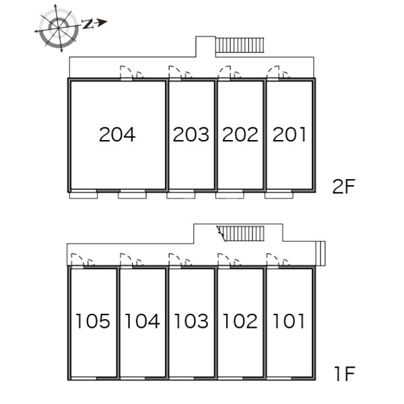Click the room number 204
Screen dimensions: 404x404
(117, 135)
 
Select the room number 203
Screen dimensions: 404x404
(191, 135)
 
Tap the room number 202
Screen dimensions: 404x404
(240, 135)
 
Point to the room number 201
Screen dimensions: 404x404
(290, 135)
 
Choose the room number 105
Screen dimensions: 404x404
(93, 321)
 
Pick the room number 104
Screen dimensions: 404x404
(142, 321)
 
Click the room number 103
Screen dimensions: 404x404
(191, 321)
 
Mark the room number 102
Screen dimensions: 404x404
(240, 321)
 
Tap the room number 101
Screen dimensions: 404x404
(289, 321)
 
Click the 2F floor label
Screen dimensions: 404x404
(343, 187)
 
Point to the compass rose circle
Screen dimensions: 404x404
(59, 28)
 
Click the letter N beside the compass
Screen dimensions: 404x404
(88, 24)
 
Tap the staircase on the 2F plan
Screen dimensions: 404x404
(240, 45)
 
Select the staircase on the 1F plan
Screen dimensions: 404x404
(240, 234)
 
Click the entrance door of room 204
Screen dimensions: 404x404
(127, 72)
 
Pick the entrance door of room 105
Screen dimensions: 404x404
(77, 260)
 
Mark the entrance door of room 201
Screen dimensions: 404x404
(273, 72)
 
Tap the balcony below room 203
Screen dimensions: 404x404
(181, 195)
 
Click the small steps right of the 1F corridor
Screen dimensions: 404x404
(321, 254)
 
